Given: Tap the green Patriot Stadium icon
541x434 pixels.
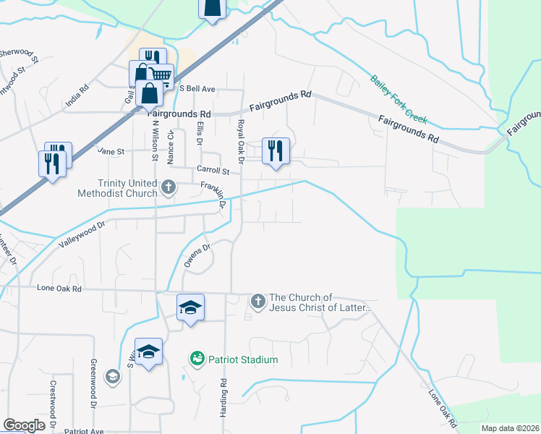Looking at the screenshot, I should (x=196, y=358).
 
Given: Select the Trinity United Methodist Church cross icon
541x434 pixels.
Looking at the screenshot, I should (x=169, y=188).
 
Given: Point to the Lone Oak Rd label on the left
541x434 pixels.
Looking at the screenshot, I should (x=59, y=288).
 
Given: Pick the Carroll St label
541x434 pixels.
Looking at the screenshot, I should (x=213, y=171).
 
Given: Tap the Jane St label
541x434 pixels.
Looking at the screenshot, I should (x=111, y=152).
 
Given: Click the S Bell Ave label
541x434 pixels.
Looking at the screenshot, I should (x=197, y=89).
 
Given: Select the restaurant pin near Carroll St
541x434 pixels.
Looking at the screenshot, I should (x=276, y=150).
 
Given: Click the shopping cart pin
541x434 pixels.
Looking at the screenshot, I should (x=161, y=75).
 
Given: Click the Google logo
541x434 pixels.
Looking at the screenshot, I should (x=25, y=425).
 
